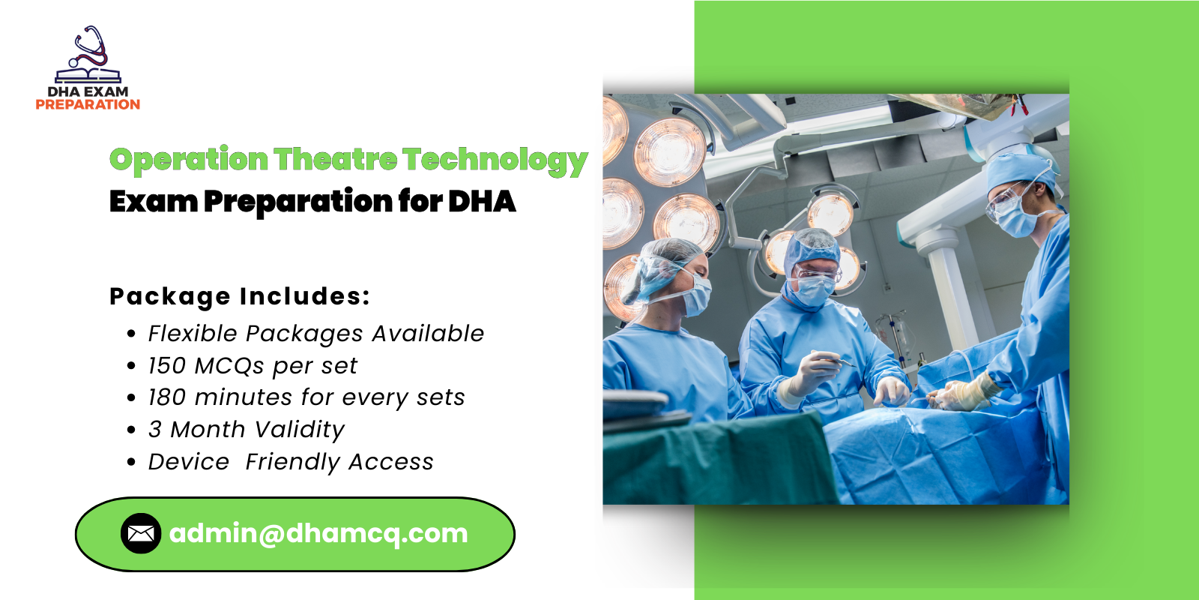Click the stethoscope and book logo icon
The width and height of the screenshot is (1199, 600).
88,55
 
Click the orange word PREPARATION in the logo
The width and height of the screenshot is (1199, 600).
88,105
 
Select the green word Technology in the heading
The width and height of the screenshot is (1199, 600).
495,160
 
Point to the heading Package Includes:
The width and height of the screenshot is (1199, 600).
240,296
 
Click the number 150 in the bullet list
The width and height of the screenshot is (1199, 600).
166,366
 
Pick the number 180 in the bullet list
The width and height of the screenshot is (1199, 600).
166,397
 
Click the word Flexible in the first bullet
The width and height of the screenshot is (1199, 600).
192,334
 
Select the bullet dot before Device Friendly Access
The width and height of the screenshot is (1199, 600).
132,463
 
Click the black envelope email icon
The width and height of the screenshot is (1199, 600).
140,533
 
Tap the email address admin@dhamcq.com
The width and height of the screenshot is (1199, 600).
318,533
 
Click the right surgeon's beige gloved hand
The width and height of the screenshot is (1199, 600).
967,391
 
